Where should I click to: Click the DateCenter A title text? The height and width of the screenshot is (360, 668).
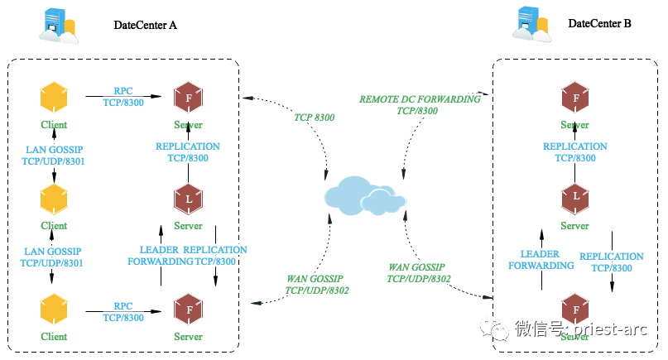click(145, 25)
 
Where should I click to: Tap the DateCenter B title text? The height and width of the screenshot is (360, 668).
click(599, 24)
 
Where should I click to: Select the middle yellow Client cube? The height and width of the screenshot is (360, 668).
click(54, 199)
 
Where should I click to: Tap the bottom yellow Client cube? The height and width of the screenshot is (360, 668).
click(54, 310)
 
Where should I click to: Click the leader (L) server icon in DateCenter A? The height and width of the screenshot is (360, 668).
click(188, 199)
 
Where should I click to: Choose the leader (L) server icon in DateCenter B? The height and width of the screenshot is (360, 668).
click(574, 198)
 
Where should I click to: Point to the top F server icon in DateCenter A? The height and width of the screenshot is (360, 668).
click(188, 98)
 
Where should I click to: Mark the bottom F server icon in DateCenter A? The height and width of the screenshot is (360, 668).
click(188, 310)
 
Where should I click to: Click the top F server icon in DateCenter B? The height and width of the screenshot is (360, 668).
click(574, 98)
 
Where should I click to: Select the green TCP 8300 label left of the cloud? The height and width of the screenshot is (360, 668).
click(314, 118)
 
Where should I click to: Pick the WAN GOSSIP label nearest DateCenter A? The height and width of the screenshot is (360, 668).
click(316, 285)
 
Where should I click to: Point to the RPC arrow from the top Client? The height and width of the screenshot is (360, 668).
click(124, 97)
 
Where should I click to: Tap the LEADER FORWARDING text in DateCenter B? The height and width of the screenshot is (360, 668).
click(541, 260)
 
